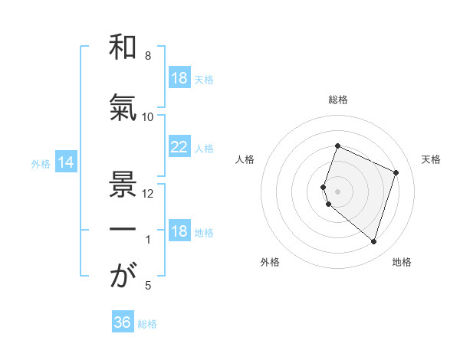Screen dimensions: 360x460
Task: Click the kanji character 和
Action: pyautogui.click(x=122, y=47)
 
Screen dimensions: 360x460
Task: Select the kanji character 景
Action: pyautogui.click(x=122, y=185)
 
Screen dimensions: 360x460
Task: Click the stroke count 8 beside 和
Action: pyautogui.click(x=148, y=56)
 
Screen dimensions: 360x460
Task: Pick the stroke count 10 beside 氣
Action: pyautogui.click(x=148, y=116)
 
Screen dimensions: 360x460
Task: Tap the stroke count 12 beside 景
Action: pyautogui.click(x=148, y=193)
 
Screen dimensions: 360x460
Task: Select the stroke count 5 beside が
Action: pyautogui.click(x=148, y=286)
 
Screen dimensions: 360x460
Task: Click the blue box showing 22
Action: pyautogui.click(x=179, y=147)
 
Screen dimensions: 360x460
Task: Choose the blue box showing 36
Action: pyautogui.click(x=123, y=322)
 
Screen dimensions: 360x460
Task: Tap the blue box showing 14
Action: pyautogui.click(x=66, y=162)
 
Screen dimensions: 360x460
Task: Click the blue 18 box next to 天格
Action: pyautogui.click(x=179, y=78)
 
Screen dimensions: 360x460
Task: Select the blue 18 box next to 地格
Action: pyautogui.click(x=179, y=231)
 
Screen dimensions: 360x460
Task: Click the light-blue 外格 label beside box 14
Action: pyautogui.click(x=41, y=163)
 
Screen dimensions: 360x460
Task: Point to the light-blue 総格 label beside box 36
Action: pyautogui.click(x=148, y=324)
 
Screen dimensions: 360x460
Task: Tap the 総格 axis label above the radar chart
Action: pyautogui.click(x=338, y=100)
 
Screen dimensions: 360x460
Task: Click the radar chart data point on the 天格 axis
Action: pyautogui.click(x=396, y=172)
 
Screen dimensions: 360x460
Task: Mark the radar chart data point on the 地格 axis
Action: pyautogui.click(x=373, y=241)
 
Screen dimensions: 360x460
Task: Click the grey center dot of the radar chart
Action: pyautogui.click(x=338, y=191)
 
